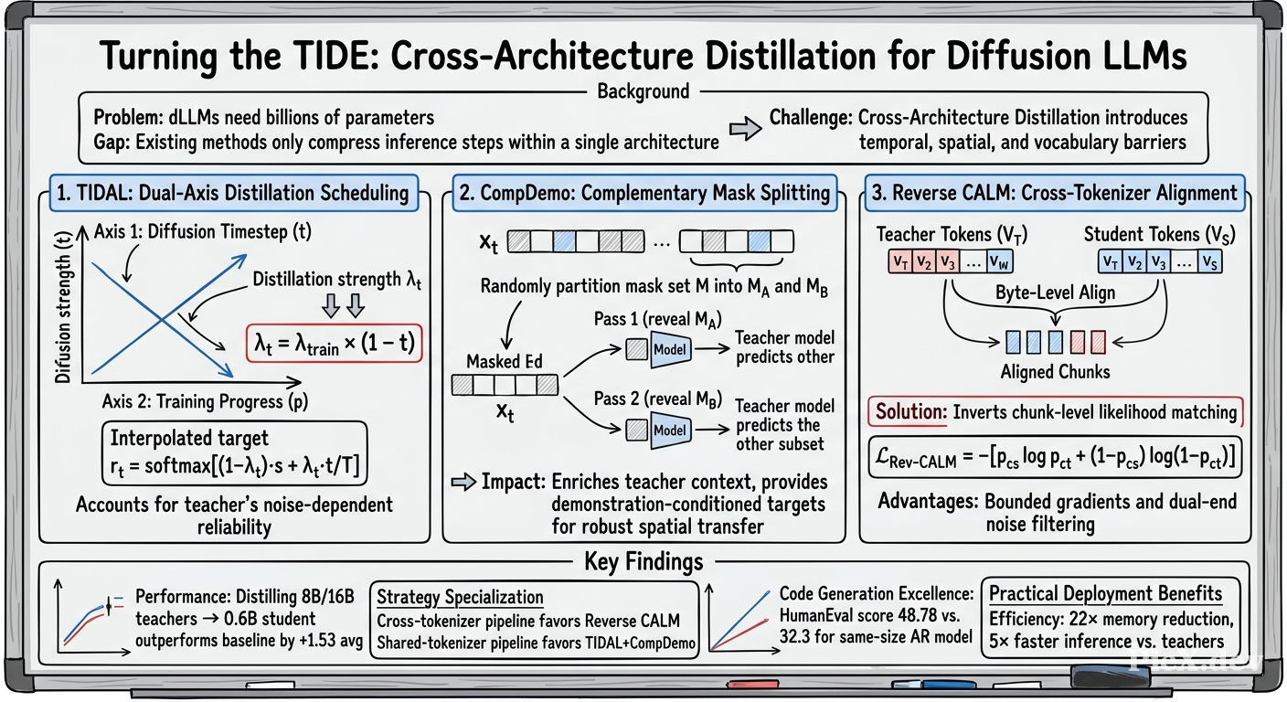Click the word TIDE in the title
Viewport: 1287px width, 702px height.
(333, 56)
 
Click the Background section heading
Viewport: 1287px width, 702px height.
(643, 91)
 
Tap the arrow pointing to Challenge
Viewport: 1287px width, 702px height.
(745, 129)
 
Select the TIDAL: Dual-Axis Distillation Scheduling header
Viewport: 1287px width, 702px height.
(234, 193)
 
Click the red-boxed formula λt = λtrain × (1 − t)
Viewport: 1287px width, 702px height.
(334, 344)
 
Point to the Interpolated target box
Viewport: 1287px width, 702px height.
(234, 453)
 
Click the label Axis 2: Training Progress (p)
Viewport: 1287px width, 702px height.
(205, 401)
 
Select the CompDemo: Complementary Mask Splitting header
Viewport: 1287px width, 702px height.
(644, 193)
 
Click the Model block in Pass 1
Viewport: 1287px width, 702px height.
(671, 349)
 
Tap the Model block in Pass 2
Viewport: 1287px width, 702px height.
(671, 431)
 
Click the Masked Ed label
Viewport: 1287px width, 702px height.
(504, 361)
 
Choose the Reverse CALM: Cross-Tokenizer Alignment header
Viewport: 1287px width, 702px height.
(1055, 193)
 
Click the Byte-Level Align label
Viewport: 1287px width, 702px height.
(1055, 293)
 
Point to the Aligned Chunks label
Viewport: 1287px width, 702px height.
(1055, 372)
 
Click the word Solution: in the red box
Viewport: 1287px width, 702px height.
(910, 411)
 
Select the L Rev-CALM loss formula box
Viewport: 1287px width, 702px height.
(1055, 458)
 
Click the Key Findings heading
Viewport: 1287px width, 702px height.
(643, 561)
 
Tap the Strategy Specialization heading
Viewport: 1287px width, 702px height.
(460, 597)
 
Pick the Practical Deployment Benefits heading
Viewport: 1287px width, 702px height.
(1105, 593)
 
